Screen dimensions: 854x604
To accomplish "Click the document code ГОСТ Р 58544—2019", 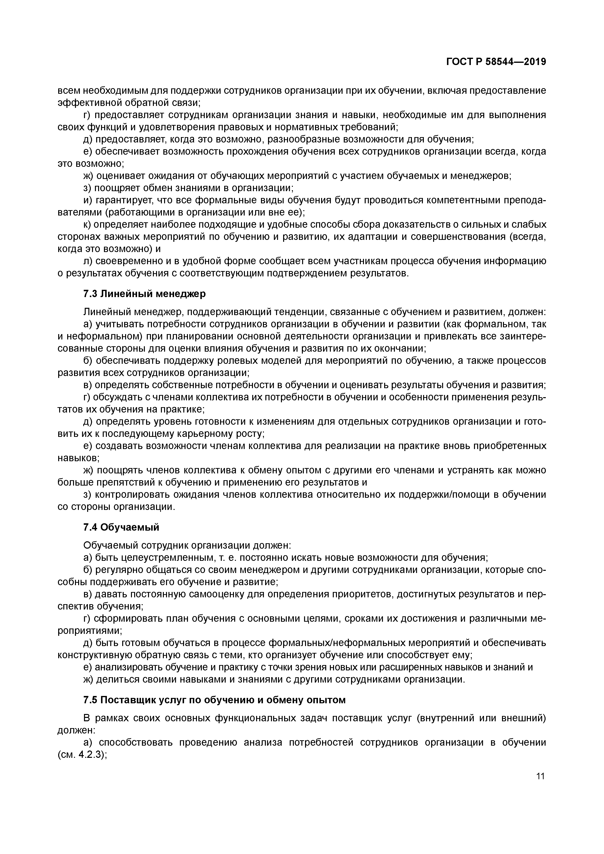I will click(x=496, y=62).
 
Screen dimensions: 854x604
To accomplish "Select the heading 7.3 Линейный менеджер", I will click(x=144, y=294).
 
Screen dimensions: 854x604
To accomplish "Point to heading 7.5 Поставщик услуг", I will click(x=214, y=700).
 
